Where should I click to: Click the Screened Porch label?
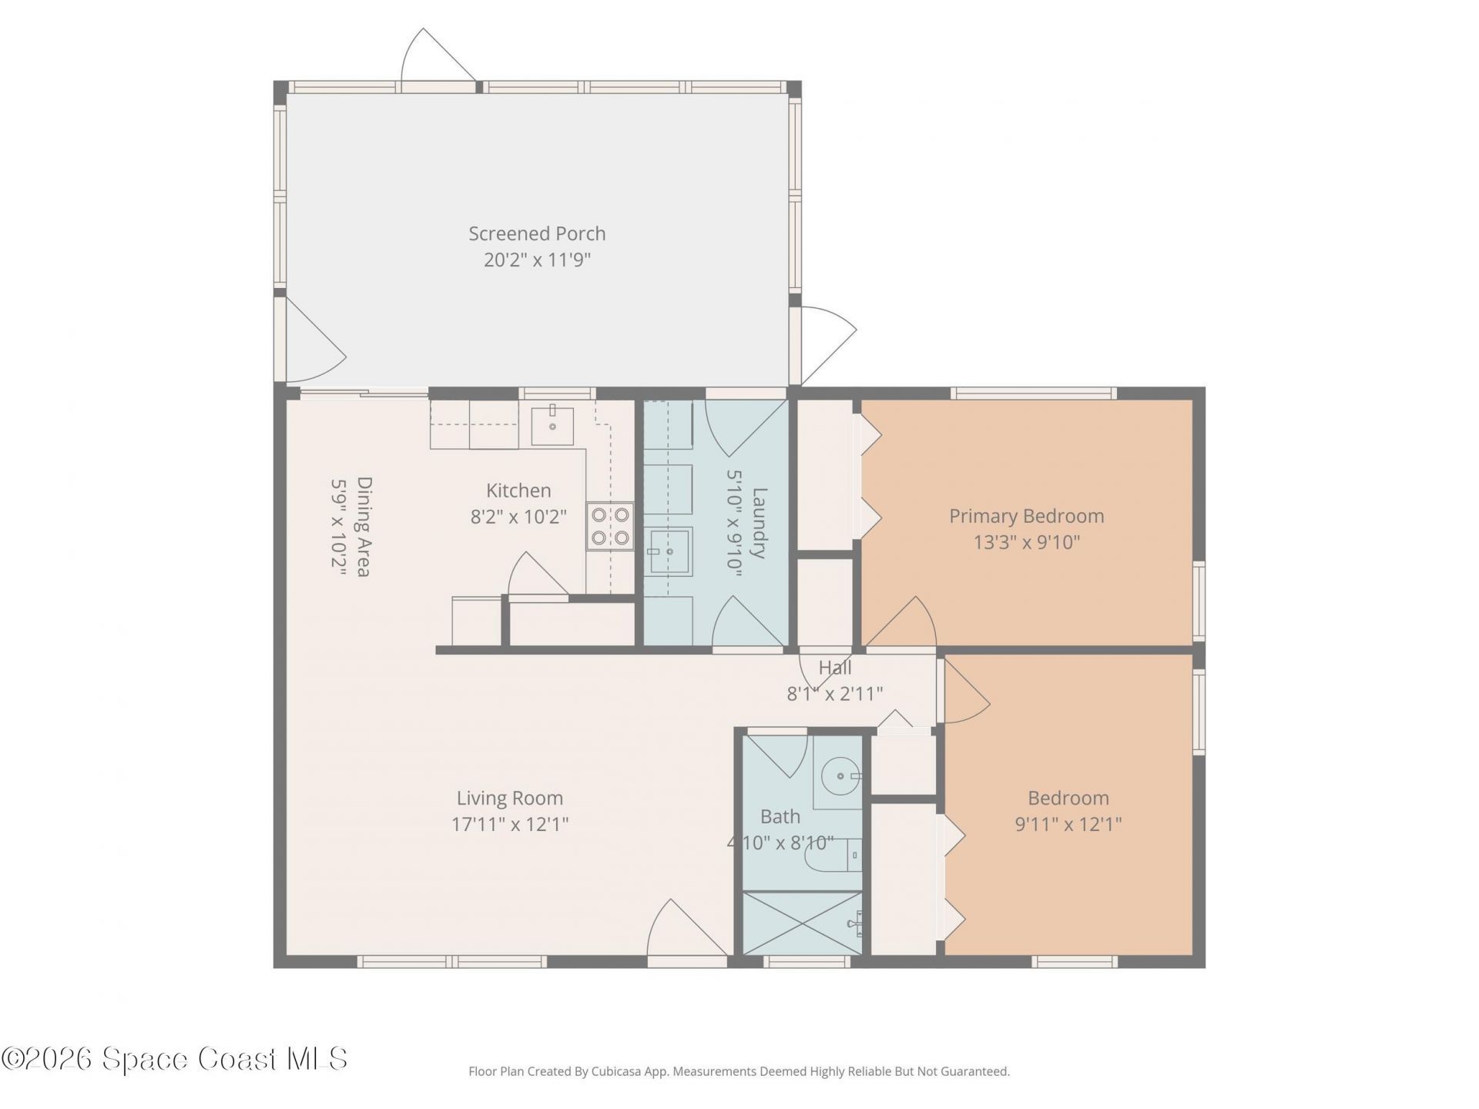click(x=537, y=233)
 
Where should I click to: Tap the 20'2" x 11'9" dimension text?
click(x=537, y=260)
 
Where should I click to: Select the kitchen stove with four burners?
click(x=610, y=527)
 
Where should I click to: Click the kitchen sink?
click(x=552, y=426)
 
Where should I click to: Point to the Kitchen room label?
click(x=518, y=491)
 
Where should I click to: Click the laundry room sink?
click(x=669, y=551)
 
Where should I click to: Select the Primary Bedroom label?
click(x=1026, y=516)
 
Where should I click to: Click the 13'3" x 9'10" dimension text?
click(x=1026, y=542)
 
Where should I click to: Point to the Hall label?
click(x=835, y=668)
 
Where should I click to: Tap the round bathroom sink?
click(x=839, y=772)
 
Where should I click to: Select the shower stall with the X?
click(x=802, y=923)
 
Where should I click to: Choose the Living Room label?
click(x=510, y=798)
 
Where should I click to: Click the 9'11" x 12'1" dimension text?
click(x=1068, y=824)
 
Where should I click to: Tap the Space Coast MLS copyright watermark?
click(x=174, y=1058)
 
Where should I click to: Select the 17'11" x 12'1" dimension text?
click(x=510, y=824)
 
